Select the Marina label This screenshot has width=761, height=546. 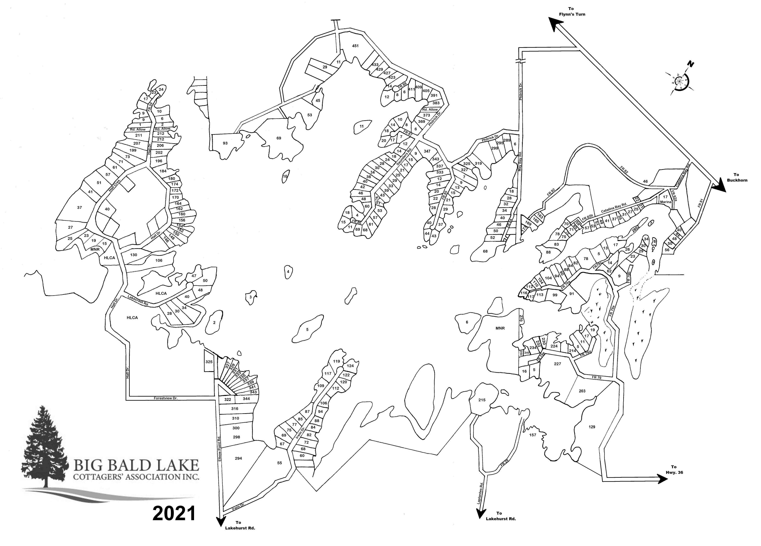665,202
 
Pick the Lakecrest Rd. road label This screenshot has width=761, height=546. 138,300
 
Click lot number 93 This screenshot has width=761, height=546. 225,143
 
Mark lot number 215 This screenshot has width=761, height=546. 482,400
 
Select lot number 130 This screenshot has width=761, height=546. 134,255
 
